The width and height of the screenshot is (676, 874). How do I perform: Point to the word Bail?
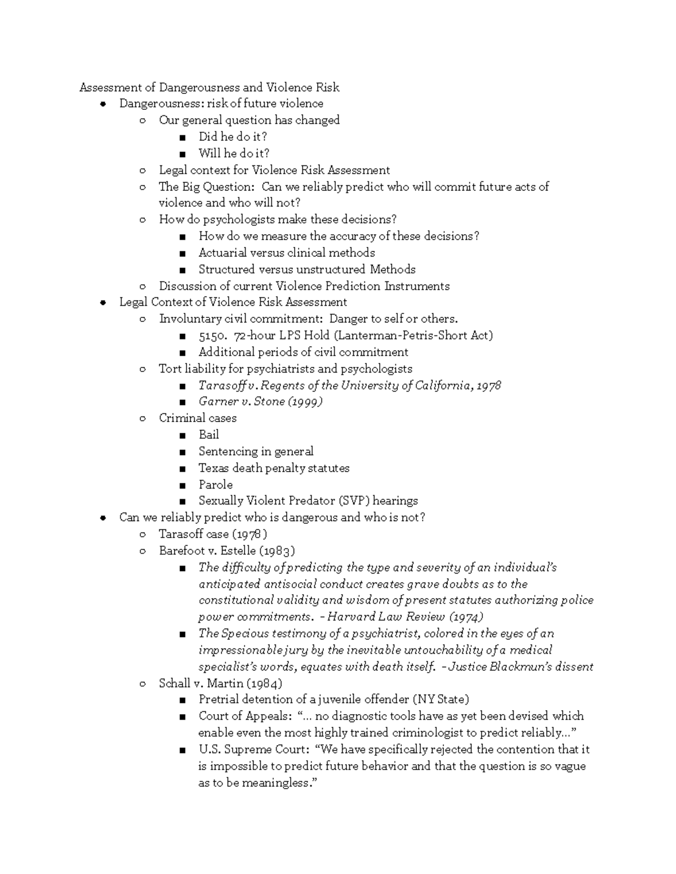point(208,434)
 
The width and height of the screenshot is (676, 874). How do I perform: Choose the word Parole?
point(215,485)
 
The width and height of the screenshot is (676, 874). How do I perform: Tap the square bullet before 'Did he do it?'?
point(182,137)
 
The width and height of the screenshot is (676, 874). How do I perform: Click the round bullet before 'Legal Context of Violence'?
point(103,303)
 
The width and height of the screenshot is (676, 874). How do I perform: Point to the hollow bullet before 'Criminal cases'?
point(143,418)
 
